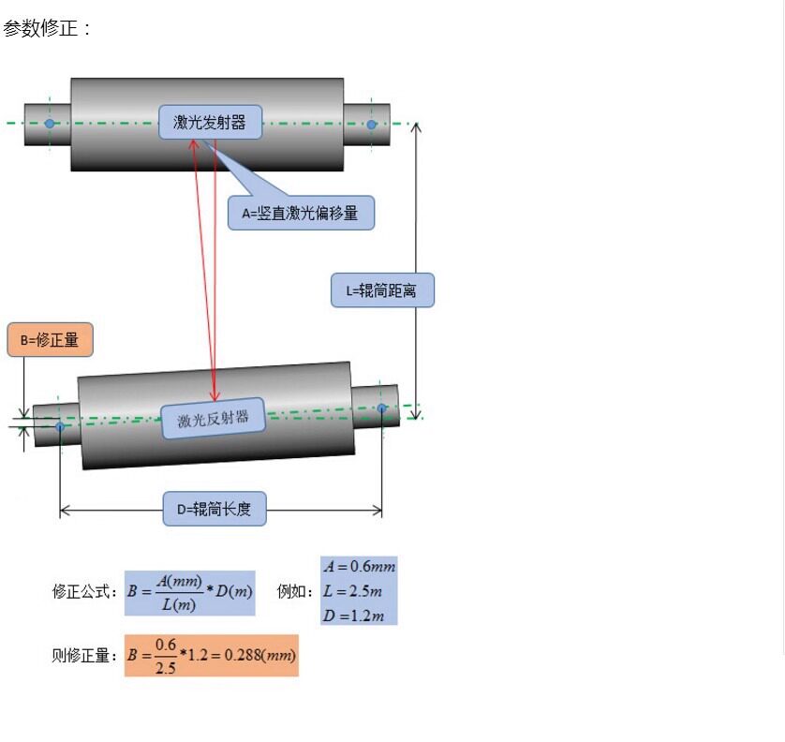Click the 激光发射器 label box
pyautogui.click(x=210, y=122)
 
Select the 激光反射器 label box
pyautogui.click(x=213, y=419)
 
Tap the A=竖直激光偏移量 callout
pyautogui.click(x=301, y=213)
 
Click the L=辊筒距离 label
pyautogui.click(x=382, y=290)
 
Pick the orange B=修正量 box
pyautogui.click(x=50, y=340)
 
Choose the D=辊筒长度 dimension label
pyautogui.click(x=215, y=509)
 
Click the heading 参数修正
pyautogui.click(x=46, y=28)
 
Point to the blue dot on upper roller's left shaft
pyautogui.click(x=50, y=123)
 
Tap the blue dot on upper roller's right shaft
pyautogui.click(x=372, y=125)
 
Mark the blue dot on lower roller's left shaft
pyautogui.click(x=60, y=426)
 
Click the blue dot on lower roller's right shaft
pyautogui.click(x=382, y=408)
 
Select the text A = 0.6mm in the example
pyautogui.click(x=359, y=567)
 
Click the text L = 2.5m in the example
pyautogui.click(x=352, y=591)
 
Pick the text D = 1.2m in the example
pyautogui.click(x=353, y=616)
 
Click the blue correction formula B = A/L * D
pyautogui.click(x=190, y=593)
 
